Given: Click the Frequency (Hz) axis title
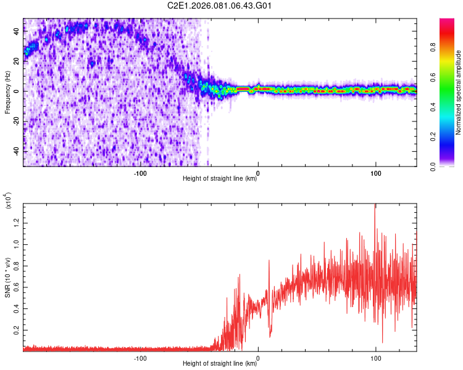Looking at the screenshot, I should click(x=7, y=92).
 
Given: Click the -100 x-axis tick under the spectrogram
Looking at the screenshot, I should click(x=140, y=173).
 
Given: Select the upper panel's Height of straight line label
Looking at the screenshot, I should click(x=220, y=179).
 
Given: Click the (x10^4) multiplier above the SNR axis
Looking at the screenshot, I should click(x=9, y=201).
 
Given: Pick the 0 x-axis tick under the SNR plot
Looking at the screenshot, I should click(x=258, y=357).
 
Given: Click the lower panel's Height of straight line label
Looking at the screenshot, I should click(x=220, y=364).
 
